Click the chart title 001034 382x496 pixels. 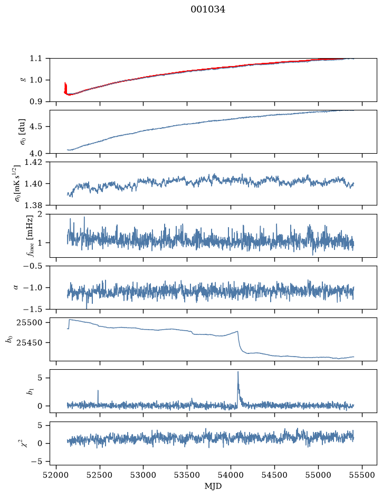(208, 10)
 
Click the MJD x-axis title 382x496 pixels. (213, 486)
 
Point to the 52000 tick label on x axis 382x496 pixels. (56, 475)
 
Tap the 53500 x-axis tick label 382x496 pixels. (187, 475)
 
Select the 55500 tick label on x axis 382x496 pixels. (362, 475)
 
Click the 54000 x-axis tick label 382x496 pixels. (231, 475)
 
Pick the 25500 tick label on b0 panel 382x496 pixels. (30, 323)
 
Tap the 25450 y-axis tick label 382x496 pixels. (30, 343)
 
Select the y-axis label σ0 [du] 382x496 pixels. (23, 132)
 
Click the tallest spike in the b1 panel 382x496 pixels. (238, 372)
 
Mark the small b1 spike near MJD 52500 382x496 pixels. (98, 391)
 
